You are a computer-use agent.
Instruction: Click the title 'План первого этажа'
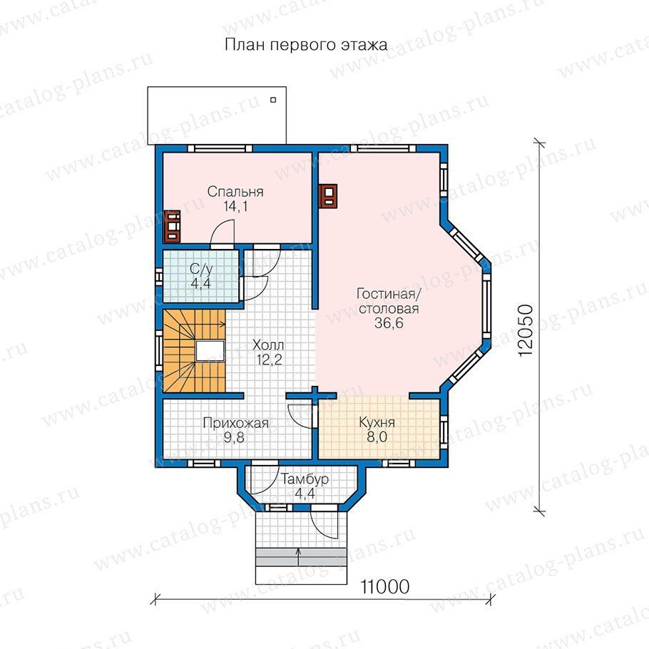306,45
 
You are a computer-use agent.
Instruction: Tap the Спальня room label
235,192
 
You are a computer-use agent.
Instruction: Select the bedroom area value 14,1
235,205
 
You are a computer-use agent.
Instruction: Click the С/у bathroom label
201,270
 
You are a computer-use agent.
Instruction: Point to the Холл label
267,344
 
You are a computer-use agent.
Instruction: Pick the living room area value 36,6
389,323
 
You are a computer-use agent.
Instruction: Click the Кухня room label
377,423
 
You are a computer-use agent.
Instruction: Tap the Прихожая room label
236,424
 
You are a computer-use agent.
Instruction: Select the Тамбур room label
305,479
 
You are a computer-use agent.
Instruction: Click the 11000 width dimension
385,586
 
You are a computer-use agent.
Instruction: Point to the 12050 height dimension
525,331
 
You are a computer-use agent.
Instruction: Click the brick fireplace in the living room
328,195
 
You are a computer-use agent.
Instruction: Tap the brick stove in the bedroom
172,226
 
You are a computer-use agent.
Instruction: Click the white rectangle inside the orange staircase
210,352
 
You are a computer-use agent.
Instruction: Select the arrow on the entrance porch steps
298,557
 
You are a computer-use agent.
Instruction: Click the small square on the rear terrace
273,100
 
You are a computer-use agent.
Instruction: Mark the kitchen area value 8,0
377,437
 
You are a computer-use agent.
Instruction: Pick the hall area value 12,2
269,359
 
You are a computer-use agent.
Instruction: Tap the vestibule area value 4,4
305,494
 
